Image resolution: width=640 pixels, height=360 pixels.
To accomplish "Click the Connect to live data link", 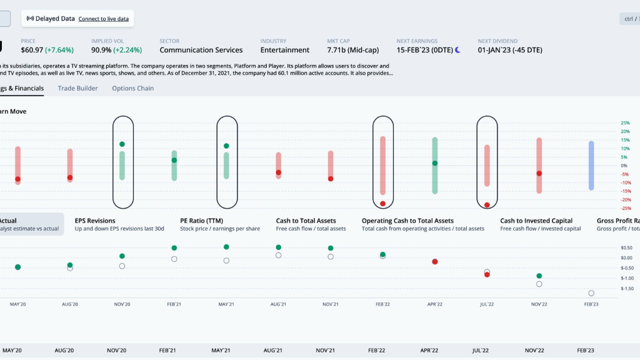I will tap(103, 19).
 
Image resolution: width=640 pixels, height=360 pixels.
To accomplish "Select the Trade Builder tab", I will tap(77, 88).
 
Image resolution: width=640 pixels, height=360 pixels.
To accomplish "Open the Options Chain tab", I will tap(132, 88).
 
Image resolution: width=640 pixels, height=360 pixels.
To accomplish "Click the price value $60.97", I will tap(32, 50).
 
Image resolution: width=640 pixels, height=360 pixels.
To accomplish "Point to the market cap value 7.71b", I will tap(338, 50).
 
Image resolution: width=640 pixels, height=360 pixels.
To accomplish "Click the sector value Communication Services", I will tap(201, 50).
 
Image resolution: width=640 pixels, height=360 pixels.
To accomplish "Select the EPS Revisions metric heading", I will tap(95, 221).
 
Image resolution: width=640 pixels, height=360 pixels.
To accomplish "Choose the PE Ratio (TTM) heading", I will tap(201, 221).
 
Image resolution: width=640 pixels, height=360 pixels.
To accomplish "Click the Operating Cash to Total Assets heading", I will tap(407, 221).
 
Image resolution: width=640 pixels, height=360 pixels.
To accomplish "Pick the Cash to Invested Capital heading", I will tap(536, 221).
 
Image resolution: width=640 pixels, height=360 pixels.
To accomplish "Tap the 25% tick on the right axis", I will tap(625, 123).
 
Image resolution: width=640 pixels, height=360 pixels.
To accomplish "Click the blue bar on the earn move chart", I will tap(591, 165).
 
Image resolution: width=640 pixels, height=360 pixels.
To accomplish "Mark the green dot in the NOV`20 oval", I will tap(122, 144).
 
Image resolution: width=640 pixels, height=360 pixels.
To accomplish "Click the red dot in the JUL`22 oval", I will tap(487, 205).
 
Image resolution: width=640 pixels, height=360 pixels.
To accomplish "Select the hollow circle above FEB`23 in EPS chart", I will tap(591, 293).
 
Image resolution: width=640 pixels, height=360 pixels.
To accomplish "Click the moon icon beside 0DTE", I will tap(457, 50).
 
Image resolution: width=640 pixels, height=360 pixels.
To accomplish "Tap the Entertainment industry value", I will tap(284, 50).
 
